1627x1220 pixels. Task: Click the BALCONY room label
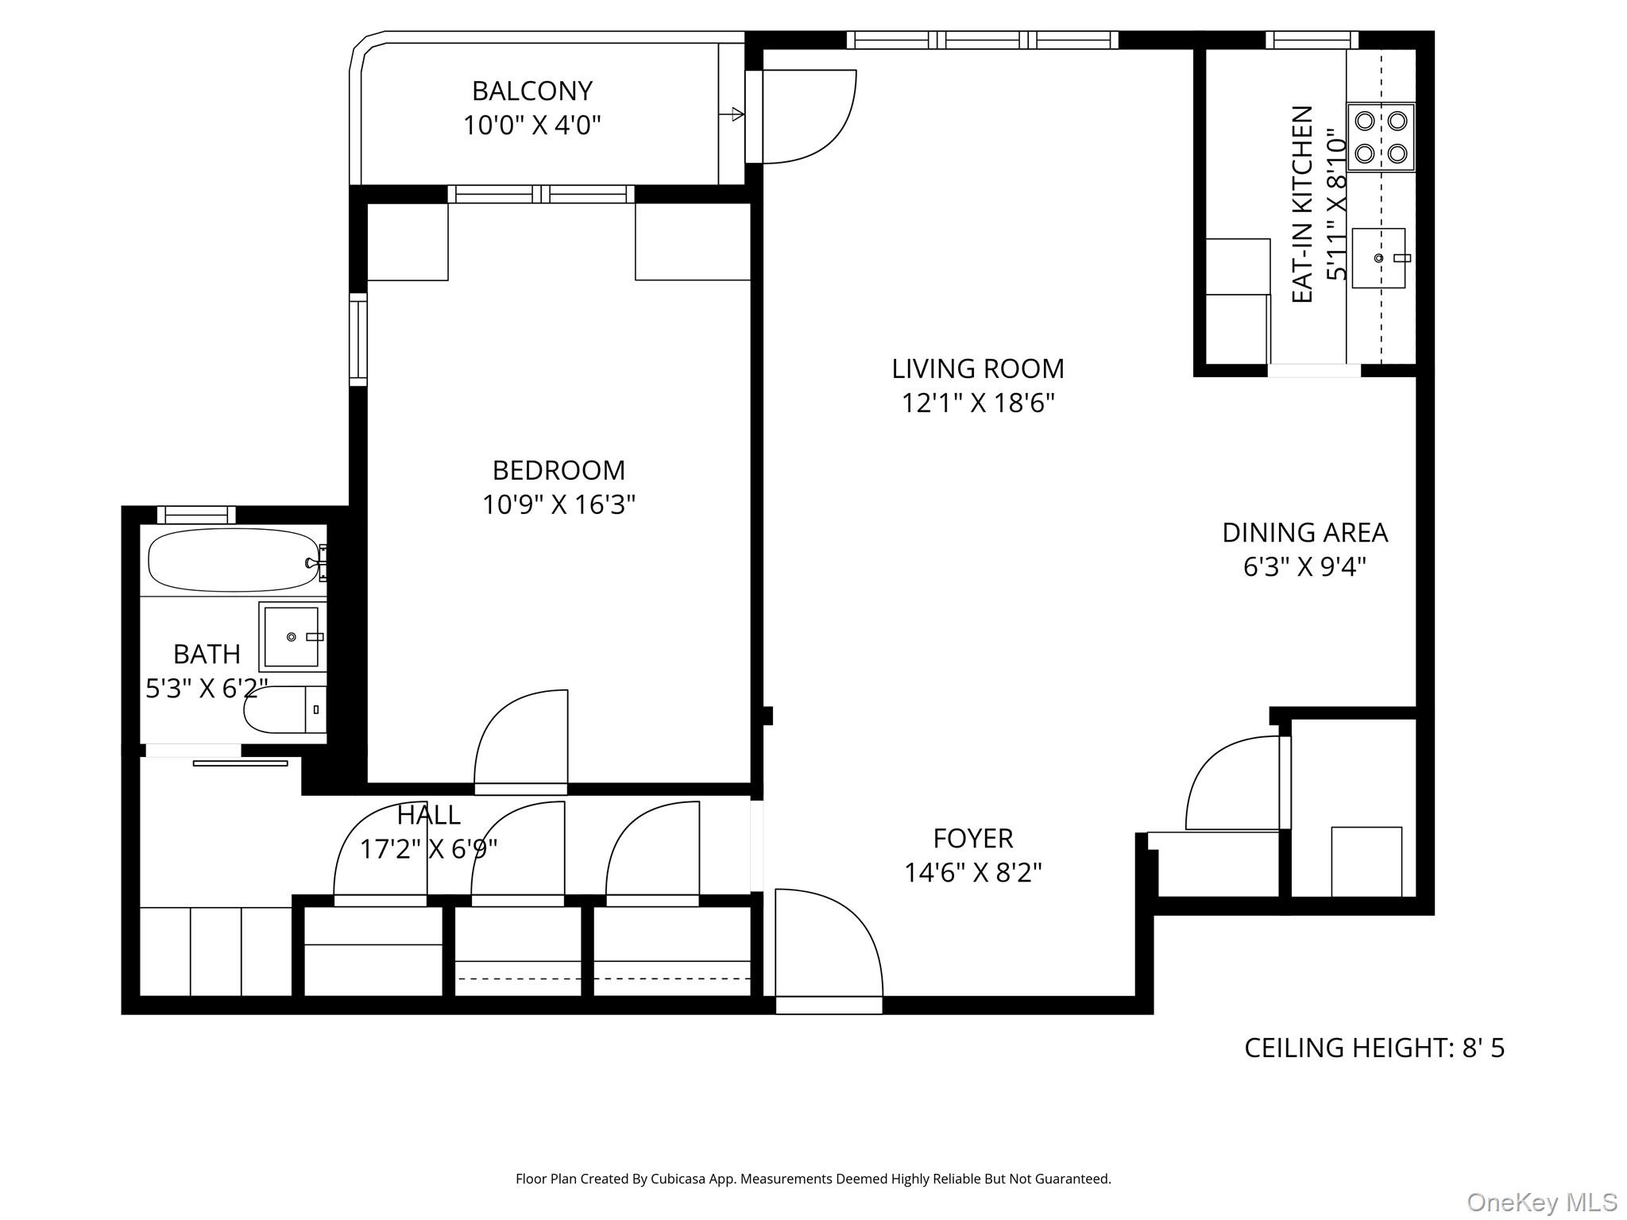click(x=532, y=91)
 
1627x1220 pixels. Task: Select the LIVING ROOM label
click(x=977, y=369)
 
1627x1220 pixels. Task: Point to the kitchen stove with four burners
click(x=1381, y=137)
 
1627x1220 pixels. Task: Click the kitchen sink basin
click(x=1378, y=258)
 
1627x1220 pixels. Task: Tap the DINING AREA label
click(x=1304, y=533)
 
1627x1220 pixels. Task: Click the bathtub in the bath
click(x=233, y=561)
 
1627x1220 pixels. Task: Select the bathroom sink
click(x=292, y=637)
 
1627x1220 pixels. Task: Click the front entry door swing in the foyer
click(x=826, y=941)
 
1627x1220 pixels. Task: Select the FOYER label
click(x=972, y=839)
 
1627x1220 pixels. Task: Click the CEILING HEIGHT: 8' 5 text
click(x=1374, y=1048)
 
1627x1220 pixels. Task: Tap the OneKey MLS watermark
click(x=1541, y=1202)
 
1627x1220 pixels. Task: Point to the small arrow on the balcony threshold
click(x=735, y=114)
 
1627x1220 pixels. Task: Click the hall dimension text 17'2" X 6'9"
click(x=428, y=850)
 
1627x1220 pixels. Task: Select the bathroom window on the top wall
click(x=196, y=515)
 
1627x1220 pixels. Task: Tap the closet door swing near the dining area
click(x=1231, y=782)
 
